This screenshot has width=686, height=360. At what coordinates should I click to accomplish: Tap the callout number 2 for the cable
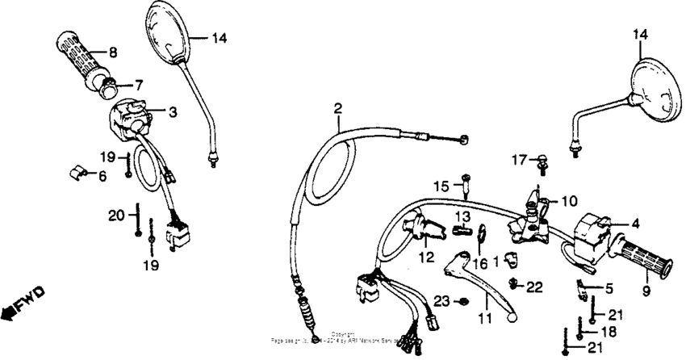pyautogui.click(x=338, y=109)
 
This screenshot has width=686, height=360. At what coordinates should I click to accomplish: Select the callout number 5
pyautogui.click(x=609, y=287)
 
